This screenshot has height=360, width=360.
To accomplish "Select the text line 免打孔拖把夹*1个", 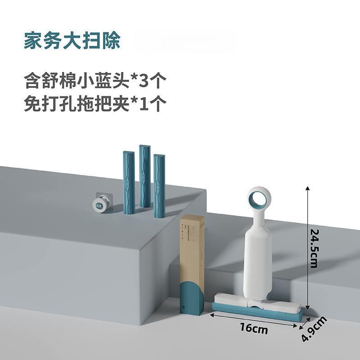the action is click(95, 104).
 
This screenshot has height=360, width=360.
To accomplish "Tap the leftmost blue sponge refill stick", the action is click(129, 182).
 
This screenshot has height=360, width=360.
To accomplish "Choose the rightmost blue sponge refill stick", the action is click(159, 186).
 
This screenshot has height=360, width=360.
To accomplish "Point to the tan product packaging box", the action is click(192, 247).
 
